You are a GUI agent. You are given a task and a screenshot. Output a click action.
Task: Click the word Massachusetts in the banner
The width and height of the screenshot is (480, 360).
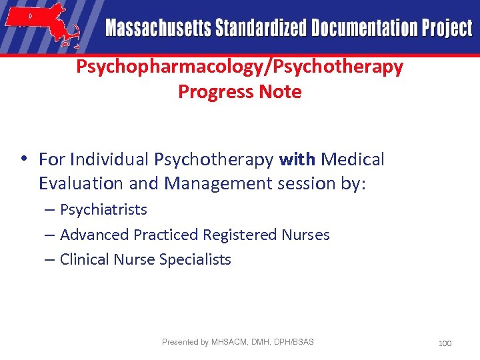157,29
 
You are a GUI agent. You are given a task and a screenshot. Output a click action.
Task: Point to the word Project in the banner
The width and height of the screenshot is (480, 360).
446,29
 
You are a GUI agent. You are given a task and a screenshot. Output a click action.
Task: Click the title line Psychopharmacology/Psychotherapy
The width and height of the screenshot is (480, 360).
239,67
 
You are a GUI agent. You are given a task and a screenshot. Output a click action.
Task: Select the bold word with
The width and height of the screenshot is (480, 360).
297,160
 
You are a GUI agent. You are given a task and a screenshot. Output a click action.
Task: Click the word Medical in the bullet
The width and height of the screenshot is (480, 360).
353,160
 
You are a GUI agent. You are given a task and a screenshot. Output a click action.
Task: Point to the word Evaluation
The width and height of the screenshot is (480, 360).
81,183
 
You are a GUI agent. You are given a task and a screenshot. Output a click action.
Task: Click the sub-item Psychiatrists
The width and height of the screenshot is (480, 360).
103,210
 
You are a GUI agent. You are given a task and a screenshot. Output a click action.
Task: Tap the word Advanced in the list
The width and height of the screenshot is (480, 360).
94,235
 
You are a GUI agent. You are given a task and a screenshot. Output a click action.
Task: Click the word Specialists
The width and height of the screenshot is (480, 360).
195,260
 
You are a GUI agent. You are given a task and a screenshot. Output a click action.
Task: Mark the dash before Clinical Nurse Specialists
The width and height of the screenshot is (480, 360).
50,260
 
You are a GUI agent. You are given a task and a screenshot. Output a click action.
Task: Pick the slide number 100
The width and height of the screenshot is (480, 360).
445,343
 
